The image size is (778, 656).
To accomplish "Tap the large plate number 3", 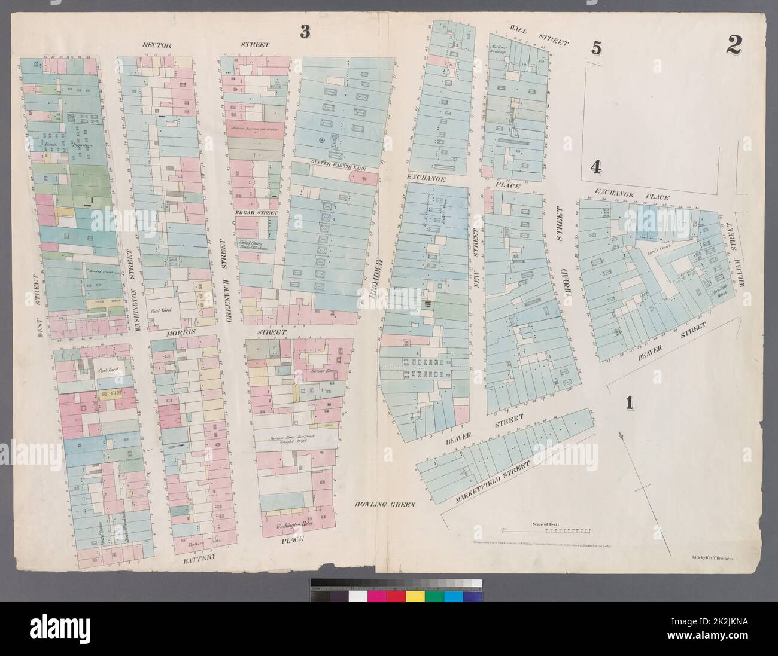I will (305, 32).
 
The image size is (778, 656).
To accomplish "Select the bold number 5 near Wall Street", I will (595, 48).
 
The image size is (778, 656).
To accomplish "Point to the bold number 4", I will (595, 167).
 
